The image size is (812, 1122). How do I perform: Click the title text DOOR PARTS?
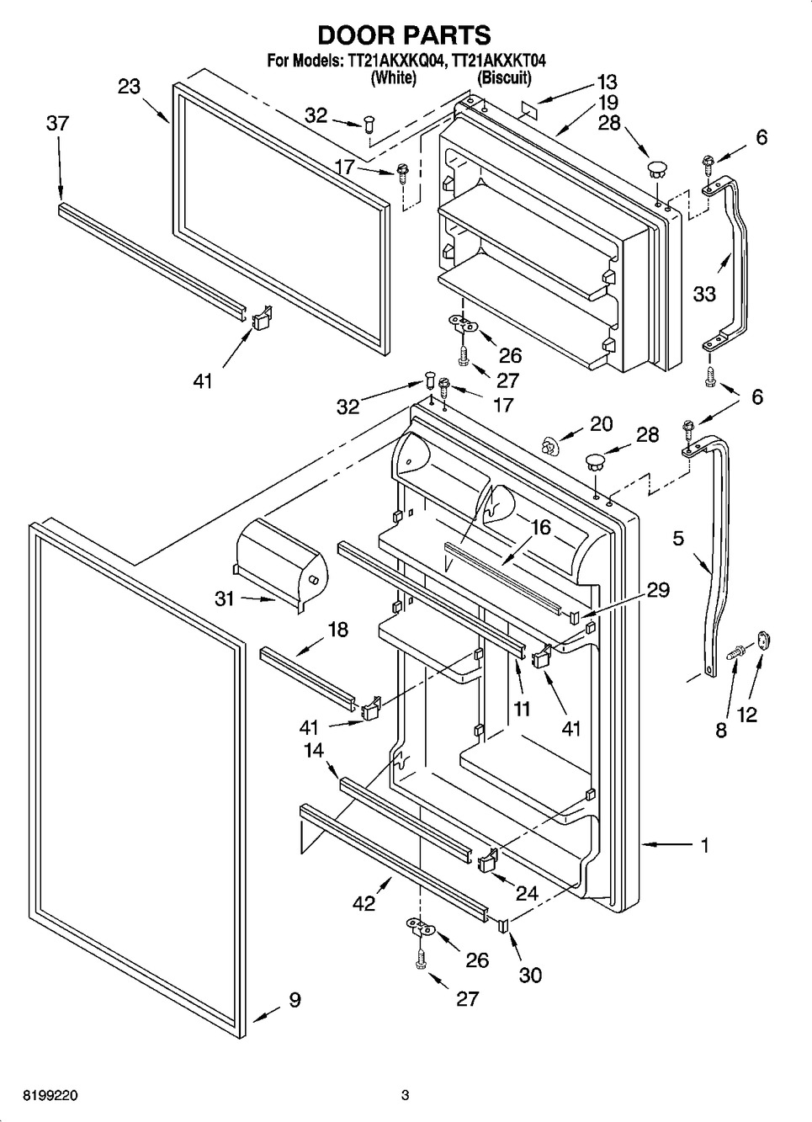[404, 35]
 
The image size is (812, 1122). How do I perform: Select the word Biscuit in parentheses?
[504, 78]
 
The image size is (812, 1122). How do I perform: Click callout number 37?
[57, 124]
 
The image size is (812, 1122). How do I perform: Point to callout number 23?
[129, 87]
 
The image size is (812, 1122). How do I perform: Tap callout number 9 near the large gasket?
[295, 1000]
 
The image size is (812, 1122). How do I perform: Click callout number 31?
[223, 600]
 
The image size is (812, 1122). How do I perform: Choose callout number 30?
[530, 975]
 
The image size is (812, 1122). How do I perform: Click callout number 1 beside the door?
[704, 844]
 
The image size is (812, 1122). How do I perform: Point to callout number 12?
[747, 715]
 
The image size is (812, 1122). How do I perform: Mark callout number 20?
[601, 423]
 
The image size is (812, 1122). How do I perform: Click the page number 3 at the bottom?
[405, 1096]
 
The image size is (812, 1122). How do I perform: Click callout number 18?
[337, 630]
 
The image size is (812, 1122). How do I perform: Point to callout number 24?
[527, 894]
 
